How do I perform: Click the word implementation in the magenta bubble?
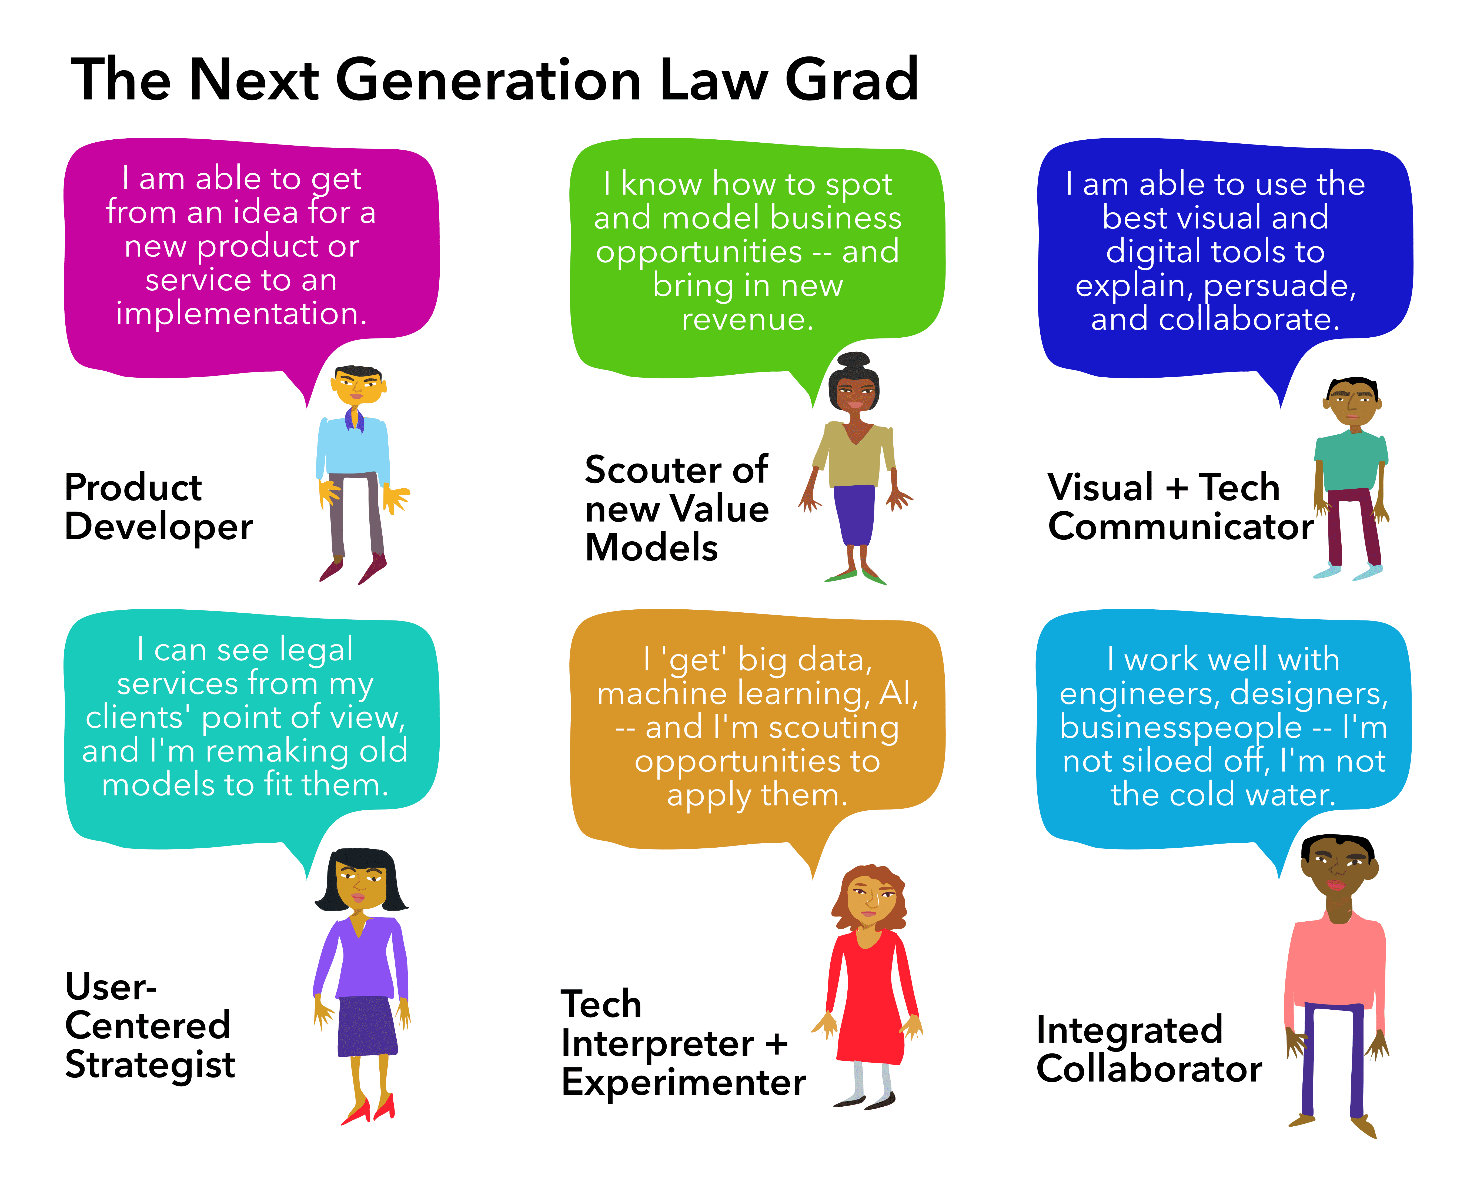tap(241, 314)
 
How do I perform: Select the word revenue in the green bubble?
tap(747, 319)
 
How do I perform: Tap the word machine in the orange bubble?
tap(662, 694)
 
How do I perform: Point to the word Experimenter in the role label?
tap(683, 1083)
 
